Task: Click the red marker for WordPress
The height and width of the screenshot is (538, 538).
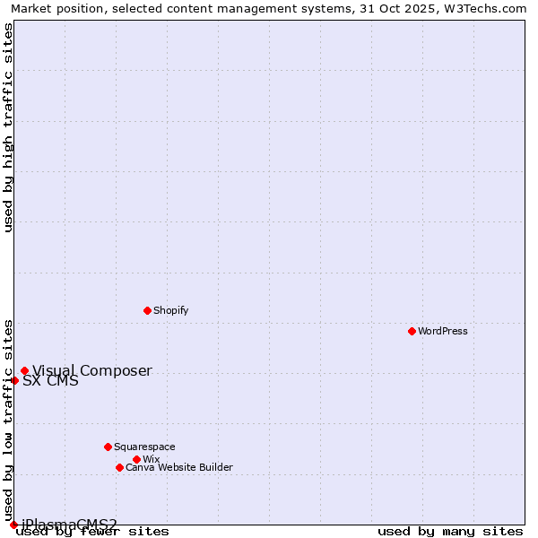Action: [412, 331]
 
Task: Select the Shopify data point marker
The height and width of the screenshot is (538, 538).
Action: [147, 310]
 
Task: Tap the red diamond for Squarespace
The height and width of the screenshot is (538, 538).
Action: [108, 447]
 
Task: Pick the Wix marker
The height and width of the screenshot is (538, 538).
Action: [136, 459]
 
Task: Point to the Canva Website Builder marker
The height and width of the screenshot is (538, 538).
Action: [119, 467]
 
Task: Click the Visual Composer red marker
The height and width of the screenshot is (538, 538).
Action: [24, 370]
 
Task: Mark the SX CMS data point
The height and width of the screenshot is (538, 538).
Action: [14, 380]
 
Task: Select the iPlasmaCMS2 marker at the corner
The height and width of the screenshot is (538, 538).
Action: [13, 525]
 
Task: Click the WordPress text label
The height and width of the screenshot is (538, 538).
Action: [443, 331]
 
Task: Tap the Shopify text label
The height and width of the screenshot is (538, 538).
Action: [170, 310]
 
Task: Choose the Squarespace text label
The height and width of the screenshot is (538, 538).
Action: [144, 447]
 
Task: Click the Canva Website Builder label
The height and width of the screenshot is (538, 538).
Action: [178, 467]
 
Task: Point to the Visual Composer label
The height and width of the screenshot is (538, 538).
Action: [91, 370]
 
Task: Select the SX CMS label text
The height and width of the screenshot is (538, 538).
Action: [50, 380]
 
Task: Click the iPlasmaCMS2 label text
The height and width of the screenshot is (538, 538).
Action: [69, 524]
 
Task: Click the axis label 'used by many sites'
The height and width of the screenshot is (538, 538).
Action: [450, 532]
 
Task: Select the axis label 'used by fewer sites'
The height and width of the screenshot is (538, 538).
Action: [92, 532]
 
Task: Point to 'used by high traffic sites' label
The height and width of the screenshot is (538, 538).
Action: [8, 127]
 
